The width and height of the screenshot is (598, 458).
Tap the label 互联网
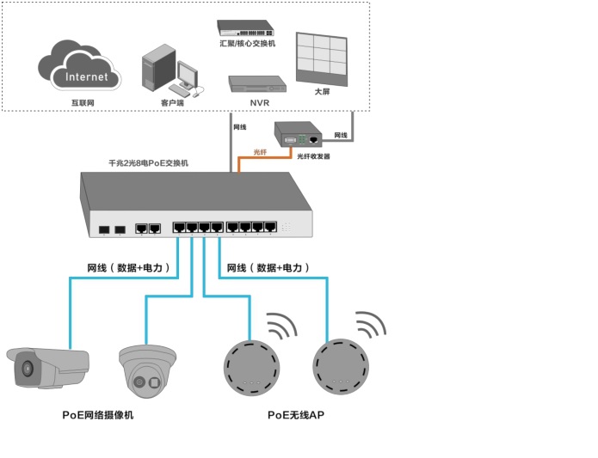coord(82,102)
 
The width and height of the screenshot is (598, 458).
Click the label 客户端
coord(172,102)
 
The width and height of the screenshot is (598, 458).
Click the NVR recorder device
coord(256,83)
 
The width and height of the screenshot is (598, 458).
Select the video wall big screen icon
coord(321,58)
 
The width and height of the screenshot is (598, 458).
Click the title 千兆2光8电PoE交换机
coord(148,162)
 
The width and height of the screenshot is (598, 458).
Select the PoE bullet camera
coord(47,368)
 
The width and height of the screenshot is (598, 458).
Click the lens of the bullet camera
coord(27,369)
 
